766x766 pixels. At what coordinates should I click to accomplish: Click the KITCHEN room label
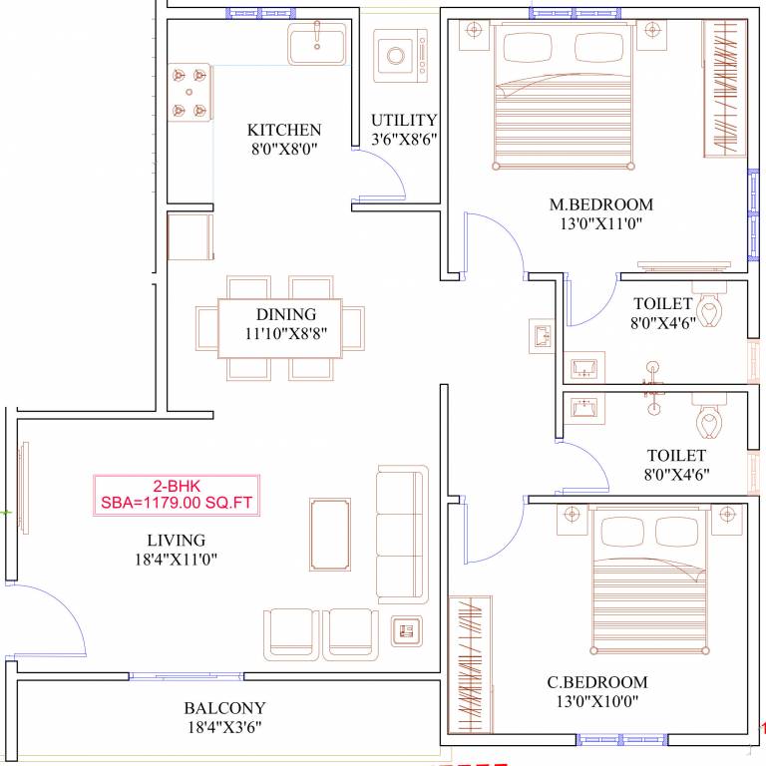[x=284, y=130]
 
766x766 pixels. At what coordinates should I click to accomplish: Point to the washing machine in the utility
[x=400, y=56]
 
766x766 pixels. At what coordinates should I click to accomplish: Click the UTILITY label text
[x=404, y=120]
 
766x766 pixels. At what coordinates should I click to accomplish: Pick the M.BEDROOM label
[x=601, y=205]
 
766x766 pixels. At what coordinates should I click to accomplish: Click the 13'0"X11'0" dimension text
[x=601, y=224]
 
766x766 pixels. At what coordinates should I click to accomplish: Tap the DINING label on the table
[x=285, y=314]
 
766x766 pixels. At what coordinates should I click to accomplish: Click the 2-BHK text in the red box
[x=177, y=486]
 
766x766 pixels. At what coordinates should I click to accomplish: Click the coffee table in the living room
[x=330, y=534]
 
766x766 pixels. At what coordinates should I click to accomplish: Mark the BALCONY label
[x=224, y=708]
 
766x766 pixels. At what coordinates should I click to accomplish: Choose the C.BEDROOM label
[x=597, y=682]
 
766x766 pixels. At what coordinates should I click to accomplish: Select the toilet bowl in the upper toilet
[x=710, y=310]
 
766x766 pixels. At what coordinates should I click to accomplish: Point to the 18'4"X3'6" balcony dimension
[x=224, y=727]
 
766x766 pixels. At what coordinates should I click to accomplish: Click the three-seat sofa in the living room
[x=401, y=534]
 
